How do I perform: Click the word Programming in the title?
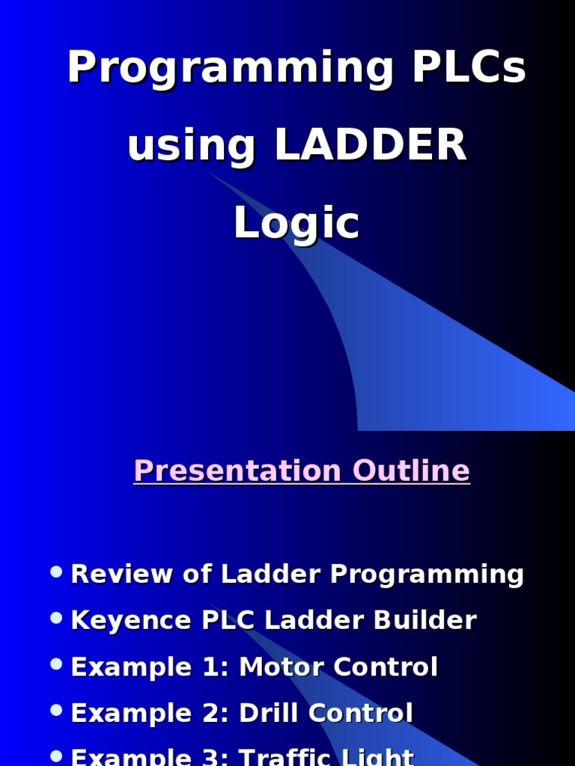click(230, 69)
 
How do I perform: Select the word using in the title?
click(191, 146)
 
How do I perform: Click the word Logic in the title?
click(296, 223)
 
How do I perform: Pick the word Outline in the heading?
click(411, 471)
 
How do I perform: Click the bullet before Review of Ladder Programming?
click(56, 572)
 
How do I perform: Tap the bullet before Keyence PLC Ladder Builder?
click(56, 618)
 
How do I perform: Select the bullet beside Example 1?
click(56, 664)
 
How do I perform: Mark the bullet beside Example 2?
click(56, 711)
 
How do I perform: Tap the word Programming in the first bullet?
click(428, 574)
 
